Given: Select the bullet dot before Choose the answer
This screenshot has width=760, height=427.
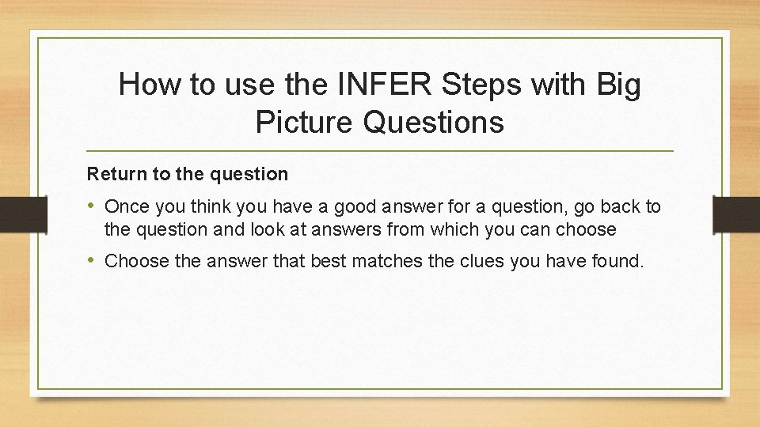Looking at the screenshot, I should coord(93,260).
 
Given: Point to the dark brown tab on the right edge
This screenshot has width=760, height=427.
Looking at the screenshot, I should coord(736,213).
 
